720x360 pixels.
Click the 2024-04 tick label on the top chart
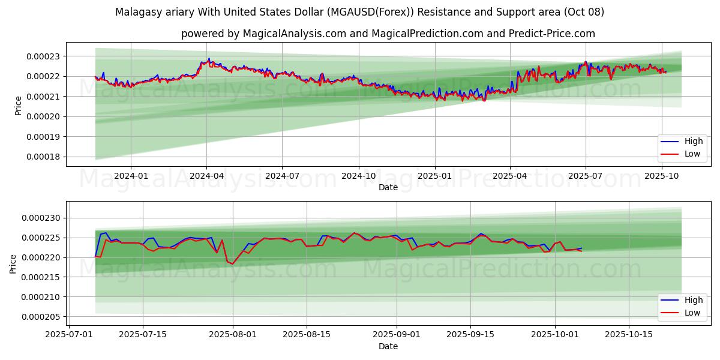(x=206, y=176)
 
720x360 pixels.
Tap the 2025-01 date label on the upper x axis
(x=434, y=176)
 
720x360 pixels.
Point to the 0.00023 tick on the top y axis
(x=45, y=56)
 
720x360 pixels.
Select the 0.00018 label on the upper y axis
(x=45, y=157)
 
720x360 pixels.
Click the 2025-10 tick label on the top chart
(x=662, y=176)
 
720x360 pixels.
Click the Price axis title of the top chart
(x=18, y=106)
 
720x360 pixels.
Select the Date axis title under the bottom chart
(x=388, y=346)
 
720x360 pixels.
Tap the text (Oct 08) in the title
(x=585, y=12)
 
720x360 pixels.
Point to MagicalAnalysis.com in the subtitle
(x=294, y=34)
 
